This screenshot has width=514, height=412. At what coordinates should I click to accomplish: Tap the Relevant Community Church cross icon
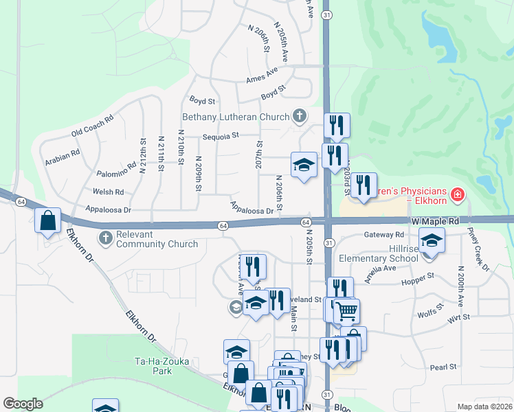pyautogui.click(x=104, y=238)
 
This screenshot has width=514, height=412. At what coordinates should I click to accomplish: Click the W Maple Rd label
pyautogui.click(x=435, y=222)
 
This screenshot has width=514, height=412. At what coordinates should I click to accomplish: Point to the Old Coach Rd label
pyautogui.click(x=91, y=129)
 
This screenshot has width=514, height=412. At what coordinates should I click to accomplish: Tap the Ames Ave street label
pyautogui.click(x=262, y=76)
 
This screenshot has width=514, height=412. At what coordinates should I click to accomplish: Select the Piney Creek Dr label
pyautogui.click(x=476, y=247)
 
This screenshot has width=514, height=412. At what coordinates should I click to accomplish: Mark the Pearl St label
pyautogui.click(x=443, y=367)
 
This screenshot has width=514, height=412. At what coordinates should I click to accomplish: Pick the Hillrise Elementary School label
pyautogui.click(x=379, y=253)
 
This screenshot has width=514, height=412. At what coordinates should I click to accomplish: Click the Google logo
pyautogui.click(x=23, y=404)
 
